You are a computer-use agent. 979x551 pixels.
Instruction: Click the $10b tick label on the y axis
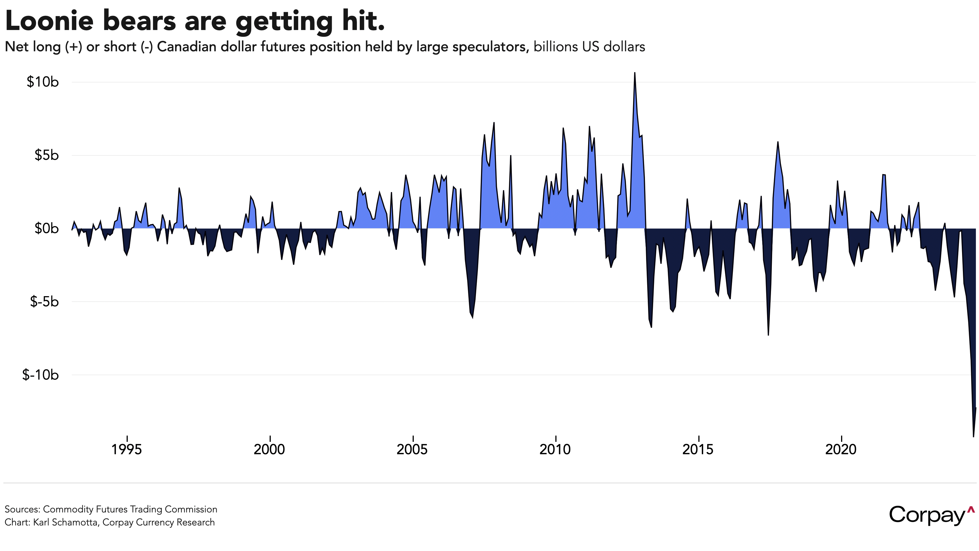pos(43,82)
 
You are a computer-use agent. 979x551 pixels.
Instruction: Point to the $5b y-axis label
pos(46,155)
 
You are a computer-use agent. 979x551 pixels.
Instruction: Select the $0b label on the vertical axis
pos(46,228)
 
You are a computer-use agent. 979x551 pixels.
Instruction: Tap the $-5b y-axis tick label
pos(44,302)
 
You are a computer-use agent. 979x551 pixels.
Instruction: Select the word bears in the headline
pos(139,21)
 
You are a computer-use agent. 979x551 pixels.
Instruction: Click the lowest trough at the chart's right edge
pos(973,436)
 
